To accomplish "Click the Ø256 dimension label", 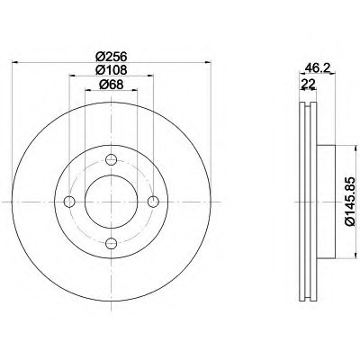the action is click(x=112, y=56).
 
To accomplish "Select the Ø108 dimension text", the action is click(x=112, y=70).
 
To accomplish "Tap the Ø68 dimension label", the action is click(x=111, y=85).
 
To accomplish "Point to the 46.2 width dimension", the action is click(x=318, y=67).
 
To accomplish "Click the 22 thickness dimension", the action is click(x=308, y=84).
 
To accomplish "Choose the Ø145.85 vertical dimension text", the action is click(x=351, y=201).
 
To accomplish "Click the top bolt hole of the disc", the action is click(x=111, y=159).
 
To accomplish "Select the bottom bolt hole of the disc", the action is click(x=111, y=243).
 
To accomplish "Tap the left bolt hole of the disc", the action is click(x=69, y=202).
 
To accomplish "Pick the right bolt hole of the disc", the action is click(x=153, y=202).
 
